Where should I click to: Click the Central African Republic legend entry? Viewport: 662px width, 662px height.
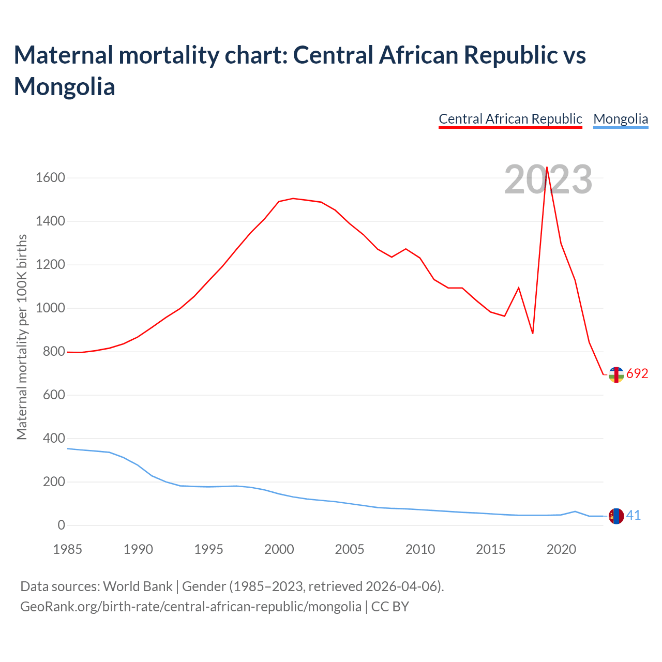tap(510, 119)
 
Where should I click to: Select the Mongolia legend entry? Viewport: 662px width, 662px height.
tap(620, 119)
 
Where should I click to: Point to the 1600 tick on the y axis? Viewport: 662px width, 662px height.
tap(50, 178)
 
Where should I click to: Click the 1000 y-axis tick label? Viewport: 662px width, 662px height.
tap(50, 308)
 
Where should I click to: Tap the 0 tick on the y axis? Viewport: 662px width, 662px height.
tap(61, 525)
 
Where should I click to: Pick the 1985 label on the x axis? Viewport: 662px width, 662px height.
tap(68, 549)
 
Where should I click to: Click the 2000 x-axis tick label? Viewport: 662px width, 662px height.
tap(279, 549)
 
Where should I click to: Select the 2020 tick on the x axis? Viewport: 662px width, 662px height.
tap(561, 549)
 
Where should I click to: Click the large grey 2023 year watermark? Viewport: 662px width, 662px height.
tap(548, 179)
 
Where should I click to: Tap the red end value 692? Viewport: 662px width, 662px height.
tap(637, 374)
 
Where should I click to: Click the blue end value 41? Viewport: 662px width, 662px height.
tap(634, 516)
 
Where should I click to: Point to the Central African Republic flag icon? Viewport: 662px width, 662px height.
tap(616, 374)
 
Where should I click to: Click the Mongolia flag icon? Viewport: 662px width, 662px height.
tap(616, 516)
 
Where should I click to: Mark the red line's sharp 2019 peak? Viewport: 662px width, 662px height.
tap(547, 167)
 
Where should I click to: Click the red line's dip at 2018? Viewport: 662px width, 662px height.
tap(533, 333)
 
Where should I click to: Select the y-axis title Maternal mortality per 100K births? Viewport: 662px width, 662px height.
tap(22, 337)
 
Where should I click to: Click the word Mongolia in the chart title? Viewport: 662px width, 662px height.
tap(65, 86)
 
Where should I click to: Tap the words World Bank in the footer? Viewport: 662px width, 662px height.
tap(138, 586)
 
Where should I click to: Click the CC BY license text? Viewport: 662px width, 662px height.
tap(390, 606)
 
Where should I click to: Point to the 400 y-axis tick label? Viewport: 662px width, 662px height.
tap(50, 439)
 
